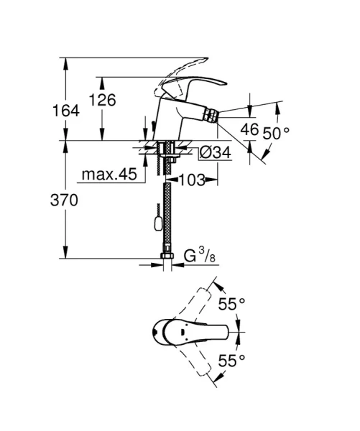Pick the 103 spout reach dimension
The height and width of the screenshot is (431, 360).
point(190,180)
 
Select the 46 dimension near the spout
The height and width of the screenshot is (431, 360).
point(249,130)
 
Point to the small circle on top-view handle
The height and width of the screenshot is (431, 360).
point(157,333)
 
